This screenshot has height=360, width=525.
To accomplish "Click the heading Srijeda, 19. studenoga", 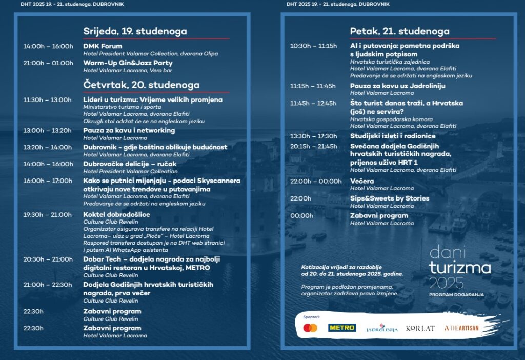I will coord(135,31).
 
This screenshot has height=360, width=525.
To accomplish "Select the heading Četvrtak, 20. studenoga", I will coord(142,85).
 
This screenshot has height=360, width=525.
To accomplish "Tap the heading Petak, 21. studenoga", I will coord(399,31).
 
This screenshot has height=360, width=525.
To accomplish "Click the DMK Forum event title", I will coord(103,46).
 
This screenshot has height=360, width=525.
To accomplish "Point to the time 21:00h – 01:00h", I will coord(48,63).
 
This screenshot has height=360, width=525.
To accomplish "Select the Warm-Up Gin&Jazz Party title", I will coord(128,63).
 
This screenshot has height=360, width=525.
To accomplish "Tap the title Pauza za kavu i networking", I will coord(129,130).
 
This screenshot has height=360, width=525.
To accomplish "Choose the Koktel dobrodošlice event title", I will coord(116,214).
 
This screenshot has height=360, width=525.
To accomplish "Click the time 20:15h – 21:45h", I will coord(313,146).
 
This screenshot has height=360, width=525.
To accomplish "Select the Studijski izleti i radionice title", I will coord(393,136).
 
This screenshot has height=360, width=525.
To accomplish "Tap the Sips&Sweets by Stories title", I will coord(390,198).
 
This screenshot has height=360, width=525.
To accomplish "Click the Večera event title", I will coord(362,181).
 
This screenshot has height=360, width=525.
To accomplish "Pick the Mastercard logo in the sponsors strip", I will coord(310,328).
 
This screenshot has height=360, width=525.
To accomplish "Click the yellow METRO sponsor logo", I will coord(342,328).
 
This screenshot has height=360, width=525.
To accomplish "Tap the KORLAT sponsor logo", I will coord(420,328).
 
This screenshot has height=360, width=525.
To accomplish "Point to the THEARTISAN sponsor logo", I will coord(461,328).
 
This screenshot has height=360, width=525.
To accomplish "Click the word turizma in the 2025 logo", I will coord(460,267).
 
